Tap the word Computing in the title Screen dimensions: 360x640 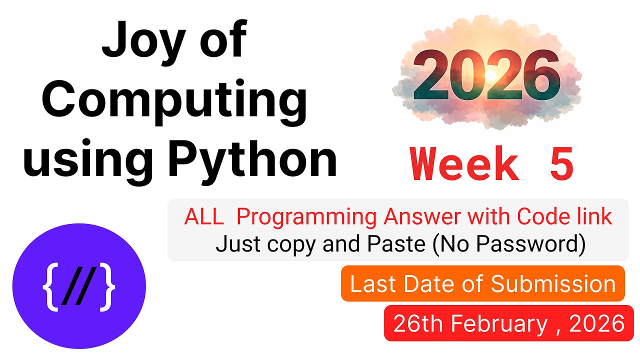tap(174, 100)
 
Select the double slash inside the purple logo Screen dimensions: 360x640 tap(79, 289)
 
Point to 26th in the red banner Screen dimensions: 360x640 tap(418, 324)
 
